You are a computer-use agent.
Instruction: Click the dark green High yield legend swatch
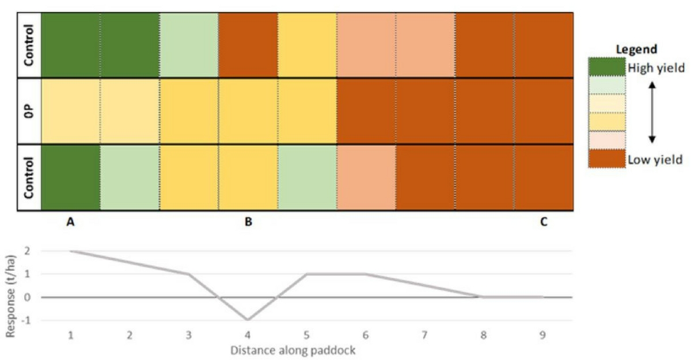point(605,67)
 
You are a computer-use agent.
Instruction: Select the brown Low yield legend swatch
point(605,158)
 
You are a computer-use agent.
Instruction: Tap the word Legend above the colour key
point(636,50)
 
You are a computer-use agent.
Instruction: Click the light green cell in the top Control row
point(189,44)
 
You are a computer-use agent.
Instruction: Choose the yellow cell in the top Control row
point(307,44)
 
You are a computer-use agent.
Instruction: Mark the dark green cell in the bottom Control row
point(70,177)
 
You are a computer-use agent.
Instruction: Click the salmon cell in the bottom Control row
point(366,177)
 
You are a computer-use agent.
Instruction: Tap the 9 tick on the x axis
point(543,335)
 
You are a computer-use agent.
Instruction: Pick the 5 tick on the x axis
point(307,335)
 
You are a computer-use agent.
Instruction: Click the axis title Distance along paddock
point(297,350)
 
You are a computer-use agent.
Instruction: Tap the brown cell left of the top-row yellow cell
point(248,44)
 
